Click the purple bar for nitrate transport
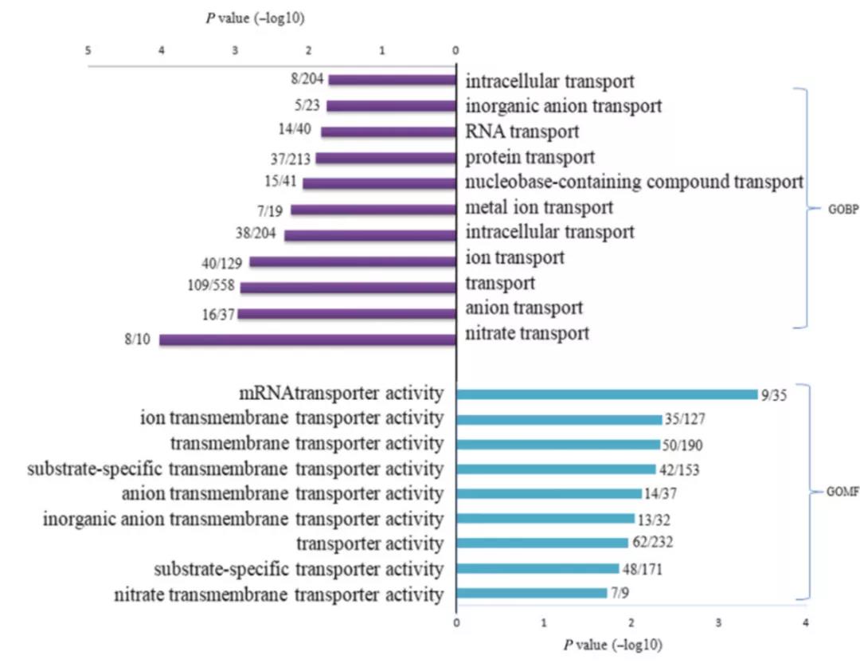[x=307, y=339]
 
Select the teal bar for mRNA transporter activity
[x=607, y=394]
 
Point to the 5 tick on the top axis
[x=88, y=50]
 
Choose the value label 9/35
[x=772, y=394]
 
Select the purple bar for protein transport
[x=385, y=158]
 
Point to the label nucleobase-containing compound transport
[x=634, y=182]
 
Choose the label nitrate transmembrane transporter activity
[x=279, y=594]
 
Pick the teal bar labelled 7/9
[x=531, y=594]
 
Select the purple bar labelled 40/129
[x=353, y=261]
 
